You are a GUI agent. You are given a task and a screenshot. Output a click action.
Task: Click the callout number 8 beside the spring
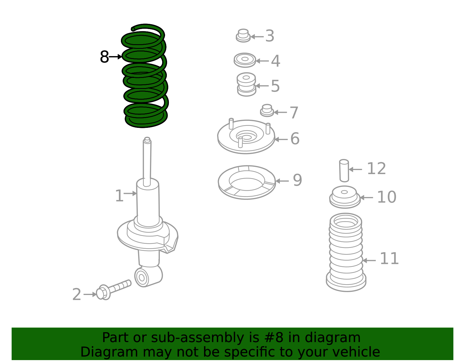(104, 57)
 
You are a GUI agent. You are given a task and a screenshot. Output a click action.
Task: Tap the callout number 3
(270, 36)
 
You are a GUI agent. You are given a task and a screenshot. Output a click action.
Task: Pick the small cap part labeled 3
(243, 36)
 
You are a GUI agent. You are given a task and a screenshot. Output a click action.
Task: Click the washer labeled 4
(245, 60)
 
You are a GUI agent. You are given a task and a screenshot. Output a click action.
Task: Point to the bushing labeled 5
(246, 85)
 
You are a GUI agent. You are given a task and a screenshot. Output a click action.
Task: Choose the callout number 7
(294, 112)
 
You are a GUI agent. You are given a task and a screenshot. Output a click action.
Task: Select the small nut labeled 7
(267, 110)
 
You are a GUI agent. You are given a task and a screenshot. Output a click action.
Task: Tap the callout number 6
(295, 138)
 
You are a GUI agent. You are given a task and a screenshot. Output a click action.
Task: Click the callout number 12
(376, 169)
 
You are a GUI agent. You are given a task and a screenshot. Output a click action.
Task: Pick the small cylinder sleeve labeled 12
(344, 171)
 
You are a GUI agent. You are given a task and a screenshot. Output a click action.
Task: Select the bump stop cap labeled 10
(345, 197)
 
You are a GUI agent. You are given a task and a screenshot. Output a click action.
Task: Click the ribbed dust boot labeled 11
(346, 252)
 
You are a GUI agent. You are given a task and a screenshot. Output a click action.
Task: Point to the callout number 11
(389, 259)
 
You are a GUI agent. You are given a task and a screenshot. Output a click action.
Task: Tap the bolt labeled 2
(113, 290)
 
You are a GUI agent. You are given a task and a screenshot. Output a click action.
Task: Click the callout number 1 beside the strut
(119, 196)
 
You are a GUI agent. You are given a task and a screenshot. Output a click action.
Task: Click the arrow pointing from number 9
(282, 181)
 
